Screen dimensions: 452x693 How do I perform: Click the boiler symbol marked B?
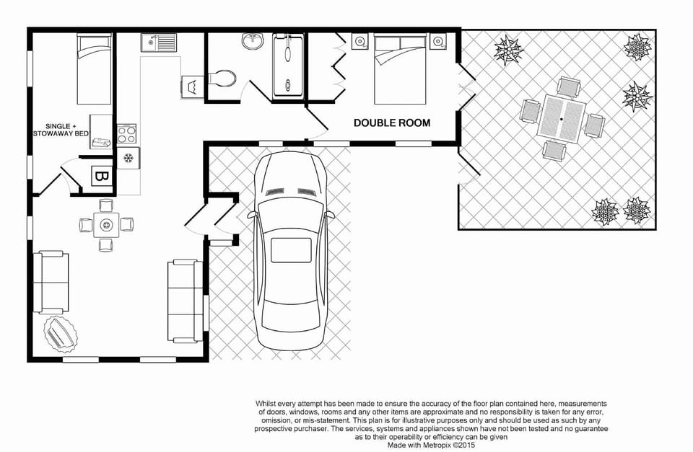pos(100,176)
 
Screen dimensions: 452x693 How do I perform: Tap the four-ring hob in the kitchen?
pos(127,133)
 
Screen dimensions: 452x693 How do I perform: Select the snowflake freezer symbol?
pos(128,158)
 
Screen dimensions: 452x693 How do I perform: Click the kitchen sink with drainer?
pos(159,43)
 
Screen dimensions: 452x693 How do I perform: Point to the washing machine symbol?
pos(193,87)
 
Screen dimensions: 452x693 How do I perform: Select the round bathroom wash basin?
pos(253,43)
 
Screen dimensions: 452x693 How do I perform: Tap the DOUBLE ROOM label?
pos(391,123)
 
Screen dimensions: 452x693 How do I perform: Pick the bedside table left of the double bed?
pos(359,42)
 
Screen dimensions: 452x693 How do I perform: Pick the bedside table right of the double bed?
pos(437,42)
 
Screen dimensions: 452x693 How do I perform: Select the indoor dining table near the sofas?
pos(107,225)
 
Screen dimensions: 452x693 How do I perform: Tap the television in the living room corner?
pos(58,333)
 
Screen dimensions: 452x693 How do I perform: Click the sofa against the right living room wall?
pos(186,301)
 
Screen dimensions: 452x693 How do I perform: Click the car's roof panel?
pos(289,249)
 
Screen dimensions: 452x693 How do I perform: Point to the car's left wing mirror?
pos(250,215)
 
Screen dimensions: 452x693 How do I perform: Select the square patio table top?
pos(562,118)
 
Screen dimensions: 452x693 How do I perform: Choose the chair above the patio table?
pos(569,87)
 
